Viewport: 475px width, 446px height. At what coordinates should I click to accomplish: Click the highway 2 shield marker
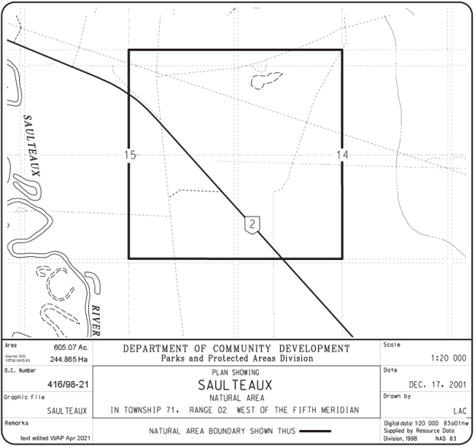coord(253,223)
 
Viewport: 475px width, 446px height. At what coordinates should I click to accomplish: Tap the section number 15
coord(130,155)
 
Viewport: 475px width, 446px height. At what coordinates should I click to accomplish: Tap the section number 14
coord(342,155)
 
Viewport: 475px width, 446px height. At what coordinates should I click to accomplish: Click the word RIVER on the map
coord(96,320)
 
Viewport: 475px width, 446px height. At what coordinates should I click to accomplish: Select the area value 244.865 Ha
coord(69,358)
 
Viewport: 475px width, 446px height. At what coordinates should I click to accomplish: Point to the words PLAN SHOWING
coord(234,372)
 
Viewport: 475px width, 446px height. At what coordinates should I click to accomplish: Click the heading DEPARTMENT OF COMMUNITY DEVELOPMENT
coord(236,348)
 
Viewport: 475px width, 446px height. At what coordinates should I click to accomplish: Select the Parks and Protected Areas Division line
coord(236,358)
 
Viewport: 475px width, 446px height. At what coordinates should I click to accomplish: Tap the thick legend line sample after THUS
coord(314,431)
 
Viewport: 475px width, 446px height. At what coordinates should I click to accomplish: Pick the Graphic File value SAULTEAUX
coord(67,410)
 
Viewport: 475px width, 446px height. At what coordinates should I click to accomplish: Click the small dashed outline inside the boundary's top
coord(266,78)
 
